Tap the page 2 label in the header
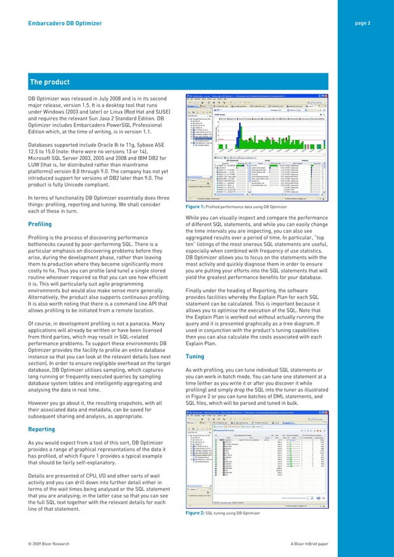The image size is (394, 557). point(363,23)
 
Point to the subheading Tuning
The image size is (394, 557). point(195,356)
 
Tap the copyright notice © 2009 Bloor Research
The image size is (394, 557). point(54,543)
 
